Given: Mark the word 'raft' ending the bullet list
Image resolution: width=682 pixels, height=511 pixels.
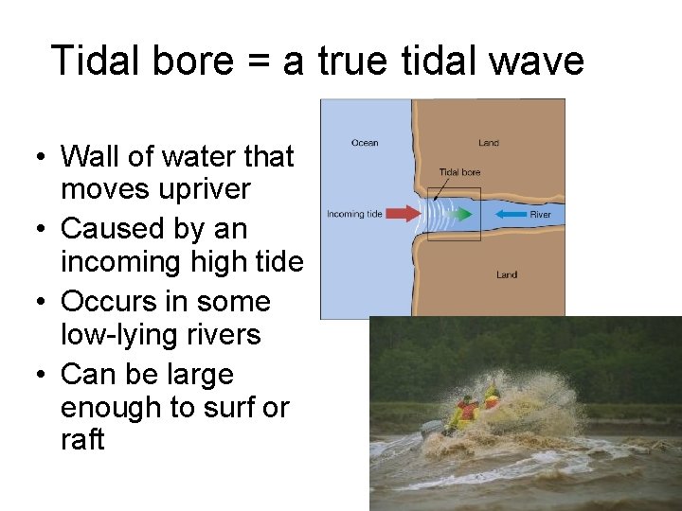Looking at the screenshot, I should click(x=82, y=440).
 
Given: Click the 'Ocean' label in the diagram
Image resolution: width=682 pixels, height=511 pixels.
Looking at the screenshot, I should click(x=365, y=143).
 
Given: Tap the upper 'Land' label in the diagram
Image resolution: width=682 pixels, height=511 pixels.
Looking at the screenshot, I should click(x=489, y=143).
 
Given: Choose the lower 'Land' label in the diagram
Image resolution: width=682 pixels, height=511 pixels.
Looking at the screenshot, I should click(x=507, y=274).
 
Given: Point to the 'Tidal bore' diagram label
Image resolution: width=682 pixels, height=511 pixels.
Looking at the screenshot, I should click(x=459, y=172).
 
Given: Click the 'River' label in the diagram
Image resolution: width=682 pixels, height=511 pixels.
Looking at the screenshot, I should click(x=540, y=215).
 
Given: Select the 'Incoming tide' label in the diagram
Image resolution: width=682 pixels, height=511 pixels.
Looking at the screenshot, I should click(x=354, y=215).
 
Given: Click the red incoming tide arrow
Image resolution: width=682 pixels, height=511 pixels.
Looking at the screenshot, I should click(x=404, y=214).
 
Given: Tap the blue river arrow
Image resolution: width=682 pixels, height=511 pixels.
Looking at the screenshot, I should click(x=512, y=214).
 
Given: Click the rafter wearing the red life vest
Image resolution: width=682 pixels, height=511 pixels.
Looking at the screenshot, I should click(x=467, y=411).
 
